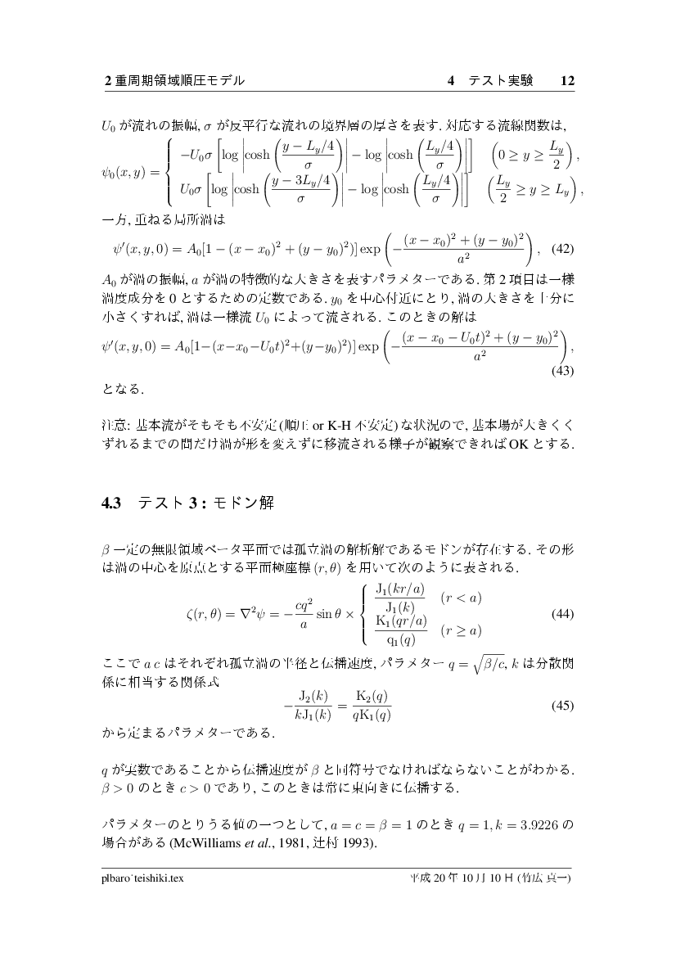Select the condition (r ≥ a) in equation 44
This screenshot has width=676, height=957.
[460, 630]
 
